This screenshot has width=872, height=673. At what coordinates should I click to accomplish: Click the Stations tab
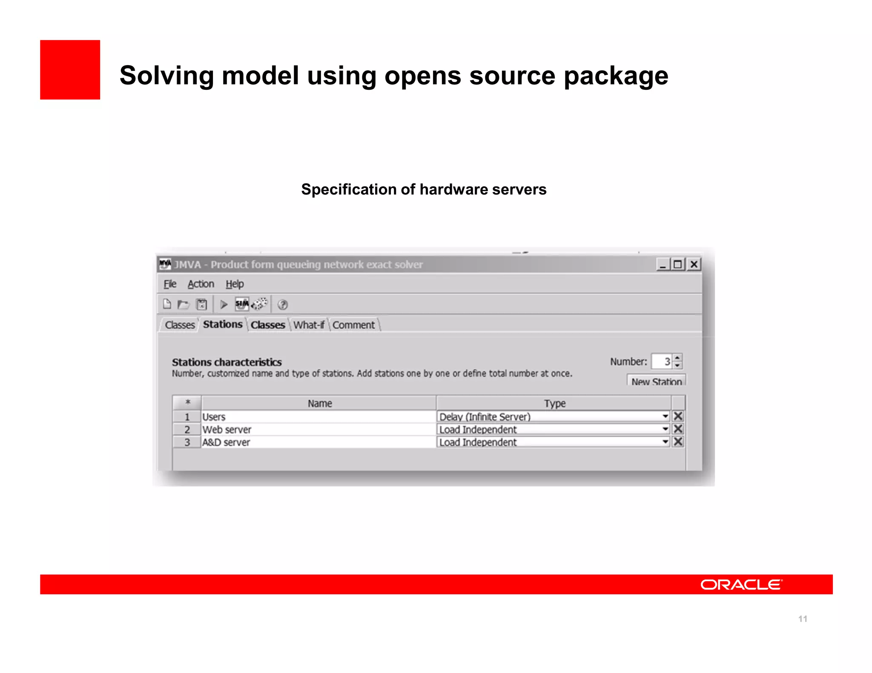(x=222, y=325)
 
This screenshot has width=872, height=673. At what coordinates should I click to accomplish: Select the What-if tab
(x=309, y=325)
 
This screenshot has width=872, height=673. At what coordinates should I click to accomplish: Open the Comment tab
(x=353, y=325)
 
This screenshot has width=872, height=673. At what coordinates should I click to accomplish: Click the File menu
(x=170, y=284)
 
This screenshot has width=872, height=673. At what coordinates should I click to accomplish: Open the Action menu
(x=201, y=284)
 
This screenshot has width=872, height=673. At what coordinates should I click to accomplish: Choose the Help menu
(x=235, y=284)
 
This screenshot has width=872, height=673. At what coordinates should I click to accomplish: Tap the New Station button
(x=656, y=381)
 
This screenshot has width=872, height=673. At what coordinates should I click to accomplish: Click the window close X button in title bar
(x=694, y=265)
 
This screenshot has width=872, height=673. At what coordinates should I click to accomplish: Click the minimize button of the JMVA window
(x=663, y=265)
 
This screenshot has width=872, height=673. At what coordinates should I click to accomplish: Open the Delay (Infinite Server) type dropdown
(x=665, y=416)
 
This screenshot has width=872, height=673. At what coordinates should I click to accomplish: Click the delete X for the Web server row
(x=678, y=429)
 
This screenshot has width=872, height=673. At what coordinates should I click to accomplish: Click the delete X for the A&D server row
(x=678, y=442)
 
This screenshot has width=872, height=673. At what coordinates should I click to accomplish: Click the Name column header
(x=319, y=403)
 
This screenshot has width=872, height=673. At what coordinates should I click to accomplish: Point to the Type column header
(x=554, y=403)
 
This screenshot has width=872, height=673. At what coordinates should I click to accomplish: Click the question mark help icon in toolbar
(x=283, y=305)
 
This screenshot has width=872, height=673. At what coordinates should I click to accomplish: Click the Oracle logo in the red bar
(x=741, y=585)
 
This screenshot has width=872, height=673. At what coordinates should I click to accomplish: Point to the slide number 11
(x=803, y=619)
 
